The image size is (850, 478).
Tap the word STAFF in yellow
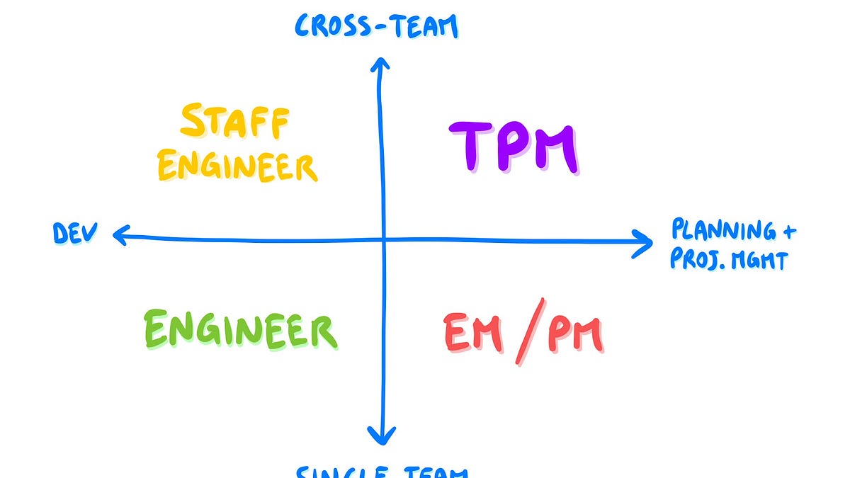(x=234, y=122)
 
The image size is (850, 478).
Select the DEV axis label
(x=74, y=233)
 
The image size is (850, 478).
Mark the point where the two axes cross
(x=383, y=239)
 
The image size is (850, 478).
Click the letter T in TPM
(x=468, y=147)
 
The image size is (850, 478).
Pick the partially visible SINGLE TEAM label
(x=383, y=470)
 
